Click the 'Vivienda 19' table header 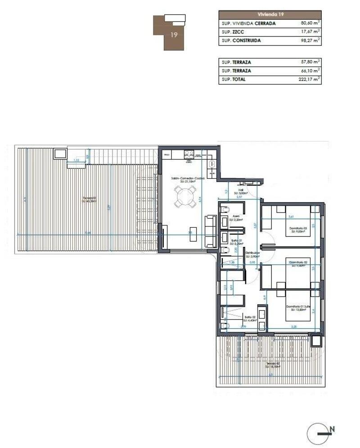coord(270,14)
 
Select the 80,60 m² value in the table coord(310,23)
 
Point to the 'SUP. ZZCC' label coord(232,32)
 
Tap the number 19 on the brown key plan coord(174,35)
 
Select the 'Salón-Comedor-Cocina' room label coord(188,178)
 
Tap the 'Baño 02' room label coord(249,317)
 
